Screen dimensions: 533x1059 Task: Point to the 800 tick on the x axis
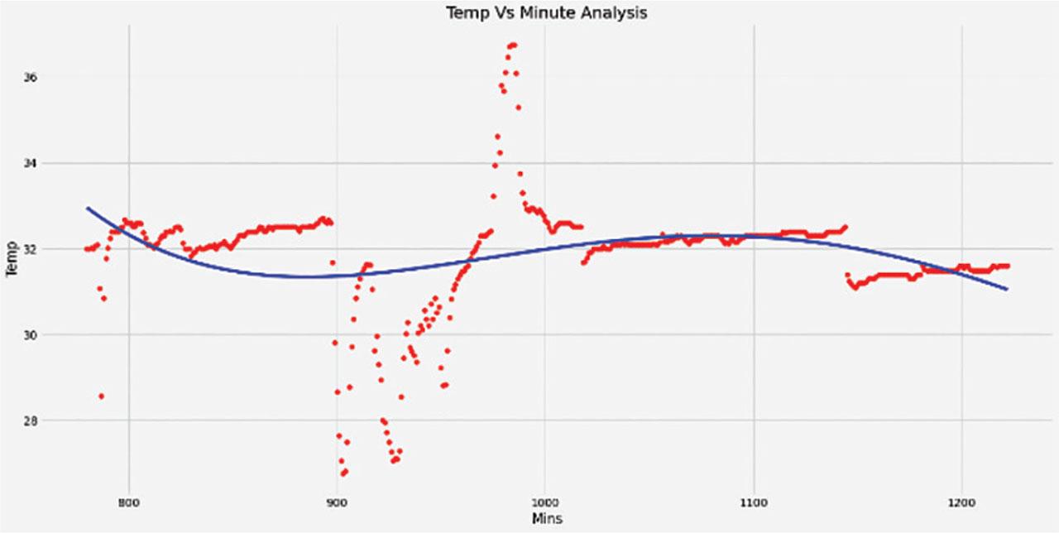[128, 502]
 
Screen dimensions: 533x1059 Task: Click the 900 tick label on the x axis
[336, 502]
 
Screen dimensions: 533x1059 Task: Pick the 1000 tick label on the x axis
[544, 502]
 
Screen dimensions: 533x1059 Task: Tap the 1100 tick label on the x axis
[753, 502]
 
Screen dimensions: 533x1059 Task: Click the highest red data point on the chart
[513, 45]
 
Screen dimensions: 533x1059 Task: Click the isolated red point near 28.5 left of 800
[101, 396]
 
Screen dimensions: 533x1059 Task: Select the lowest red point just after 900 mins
[343, 473]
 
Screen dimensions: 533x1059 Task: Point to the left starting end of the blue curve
[87, 208]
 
